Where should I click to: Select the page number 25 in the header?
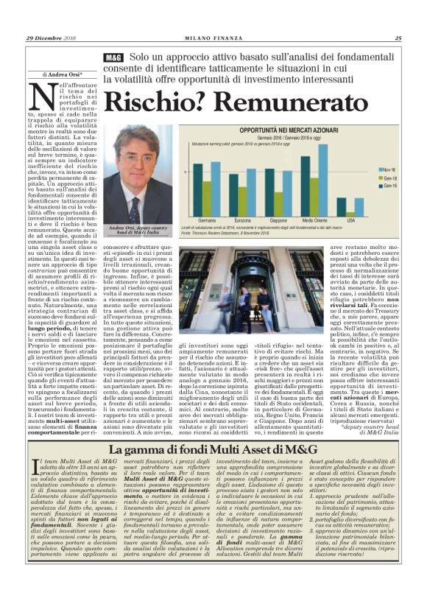(x=398, y=38)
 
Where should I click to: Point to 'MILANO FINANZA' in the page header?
(x=213, y=38)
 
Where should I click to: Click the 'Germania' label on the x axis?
(x=208, y=220)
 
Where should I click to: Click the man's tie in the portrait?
(x=134, y=206)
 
